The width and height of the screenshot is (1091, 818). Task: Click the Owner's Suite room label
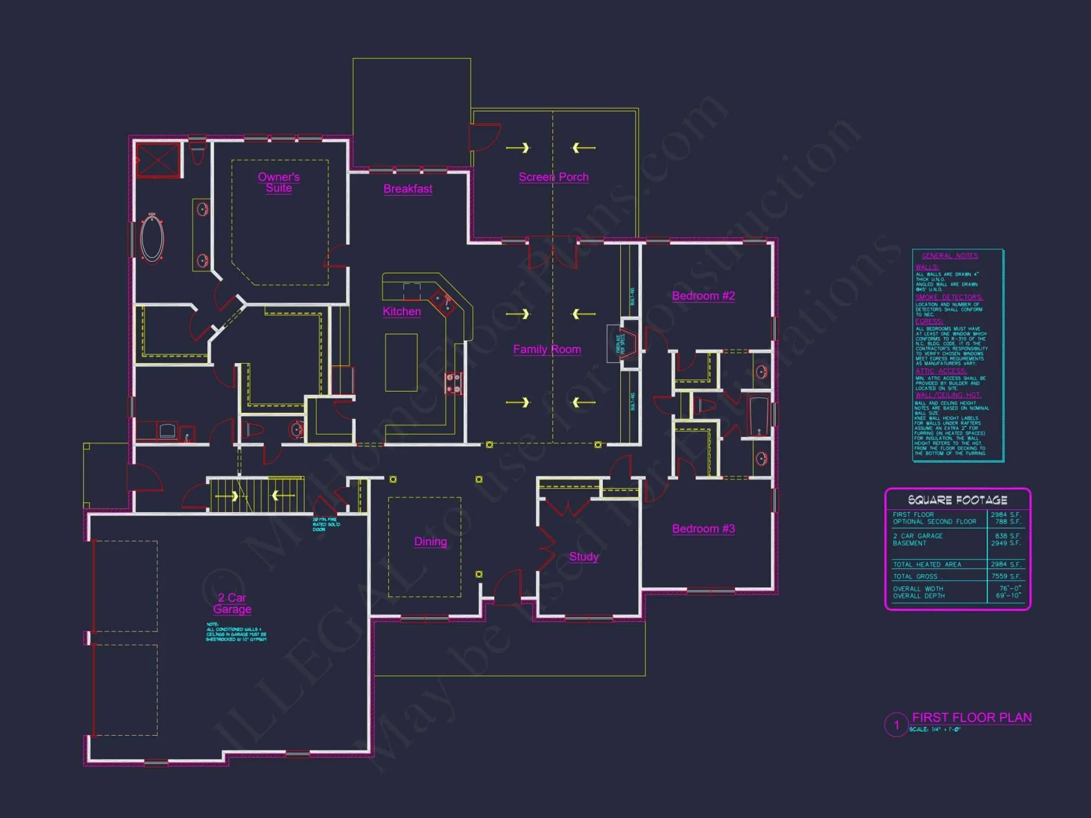click(x=279, y=182)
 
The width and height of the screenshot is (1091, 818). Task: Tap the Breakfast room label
click(x=407, y=189)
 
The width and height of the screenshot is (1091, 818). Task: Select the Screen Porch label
click(x=553, y=177)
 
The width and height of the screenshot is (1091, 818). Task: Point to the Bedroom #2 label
click(x=703, y=296)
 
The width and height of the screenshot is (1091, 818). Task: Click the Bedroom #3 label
click(x=703, y=528)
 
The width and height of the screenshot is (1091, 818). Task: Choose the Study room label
click(x=584, y=556)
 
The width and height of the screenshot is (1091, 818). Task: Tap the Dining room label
click(x=430, y=542)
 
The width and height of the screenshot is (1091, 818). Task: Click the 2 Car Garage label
click(x=232, y=603)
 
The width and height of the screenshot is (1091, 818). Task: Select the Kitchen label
click(x=401, y=311)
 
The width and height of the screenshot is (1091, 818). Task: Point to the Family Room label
click(x=547, y=349)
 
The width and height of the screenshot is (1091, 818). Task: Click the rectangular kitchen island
click(x=401, y=362)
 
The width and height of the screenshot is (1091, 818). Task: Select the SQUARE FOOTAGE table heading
click(x=957, y=500)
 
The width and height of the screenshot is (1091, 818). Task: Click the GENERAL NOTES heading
click(x=950, y=256)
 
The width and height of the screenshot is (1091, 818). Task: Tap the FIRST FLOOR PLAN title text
click(x=972, y=718)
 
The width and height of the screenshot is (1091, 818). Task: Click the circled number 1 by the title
click(x=896, y=725)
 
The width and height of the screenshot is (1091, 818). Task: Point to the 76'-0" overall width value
click(x=1010, y=589)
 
